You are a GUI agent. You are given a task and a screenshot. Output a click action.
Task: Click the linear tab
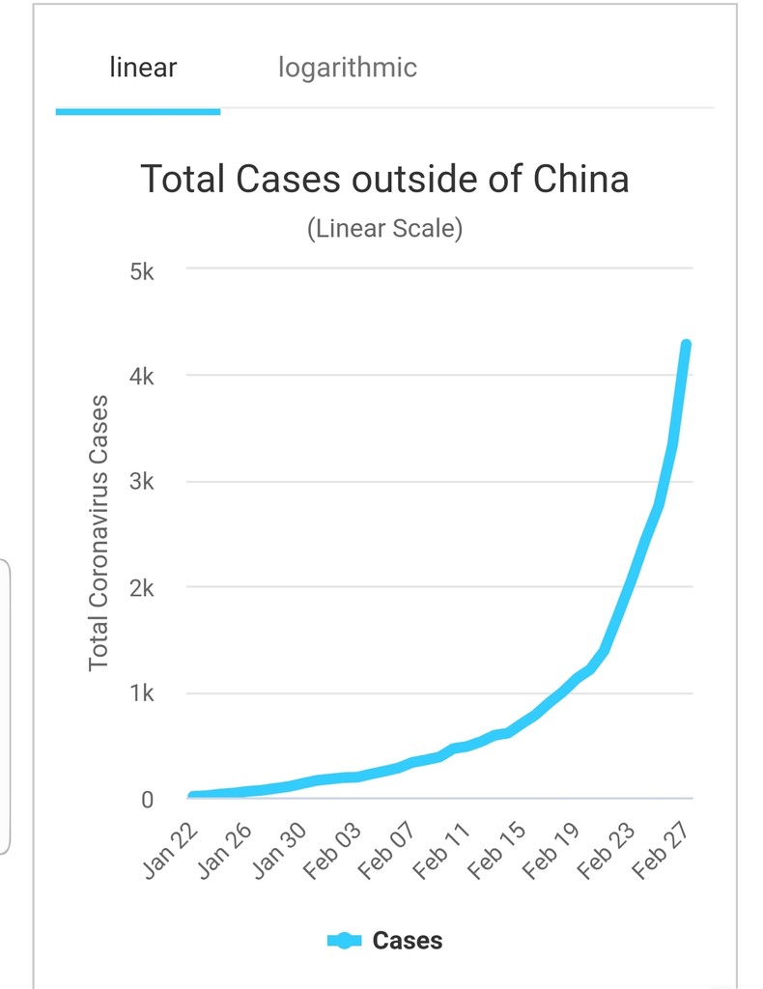143,69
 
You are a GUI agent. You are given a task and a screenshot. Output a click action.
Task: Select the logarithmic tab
348,69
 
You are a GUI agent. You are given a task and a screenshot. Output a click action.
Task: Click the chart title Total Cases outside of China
384,180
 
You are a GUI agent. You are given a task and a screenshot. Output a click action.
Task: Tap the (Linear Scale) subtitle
384,229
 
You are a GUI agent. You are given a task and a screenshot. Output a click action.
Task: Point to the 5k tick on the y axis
141,270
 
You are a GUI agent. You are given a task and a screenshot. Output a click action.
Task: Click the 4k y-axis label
141,376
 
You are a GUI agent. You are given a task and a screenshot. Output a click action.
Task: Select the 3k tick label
141,482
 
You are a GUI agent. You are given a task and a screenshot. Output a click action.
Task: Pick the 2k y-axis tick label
141,588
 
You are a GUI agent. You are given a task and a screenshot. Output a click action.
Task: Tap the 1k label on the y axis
141,693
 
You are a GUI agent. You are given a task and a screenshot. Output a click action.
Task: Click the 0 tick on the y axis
147,800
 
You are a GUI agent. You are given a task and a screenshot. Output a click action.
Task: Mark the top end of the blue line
686,345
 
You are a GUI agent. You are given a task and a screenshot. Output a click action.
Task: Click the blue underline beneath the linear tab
138,111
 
